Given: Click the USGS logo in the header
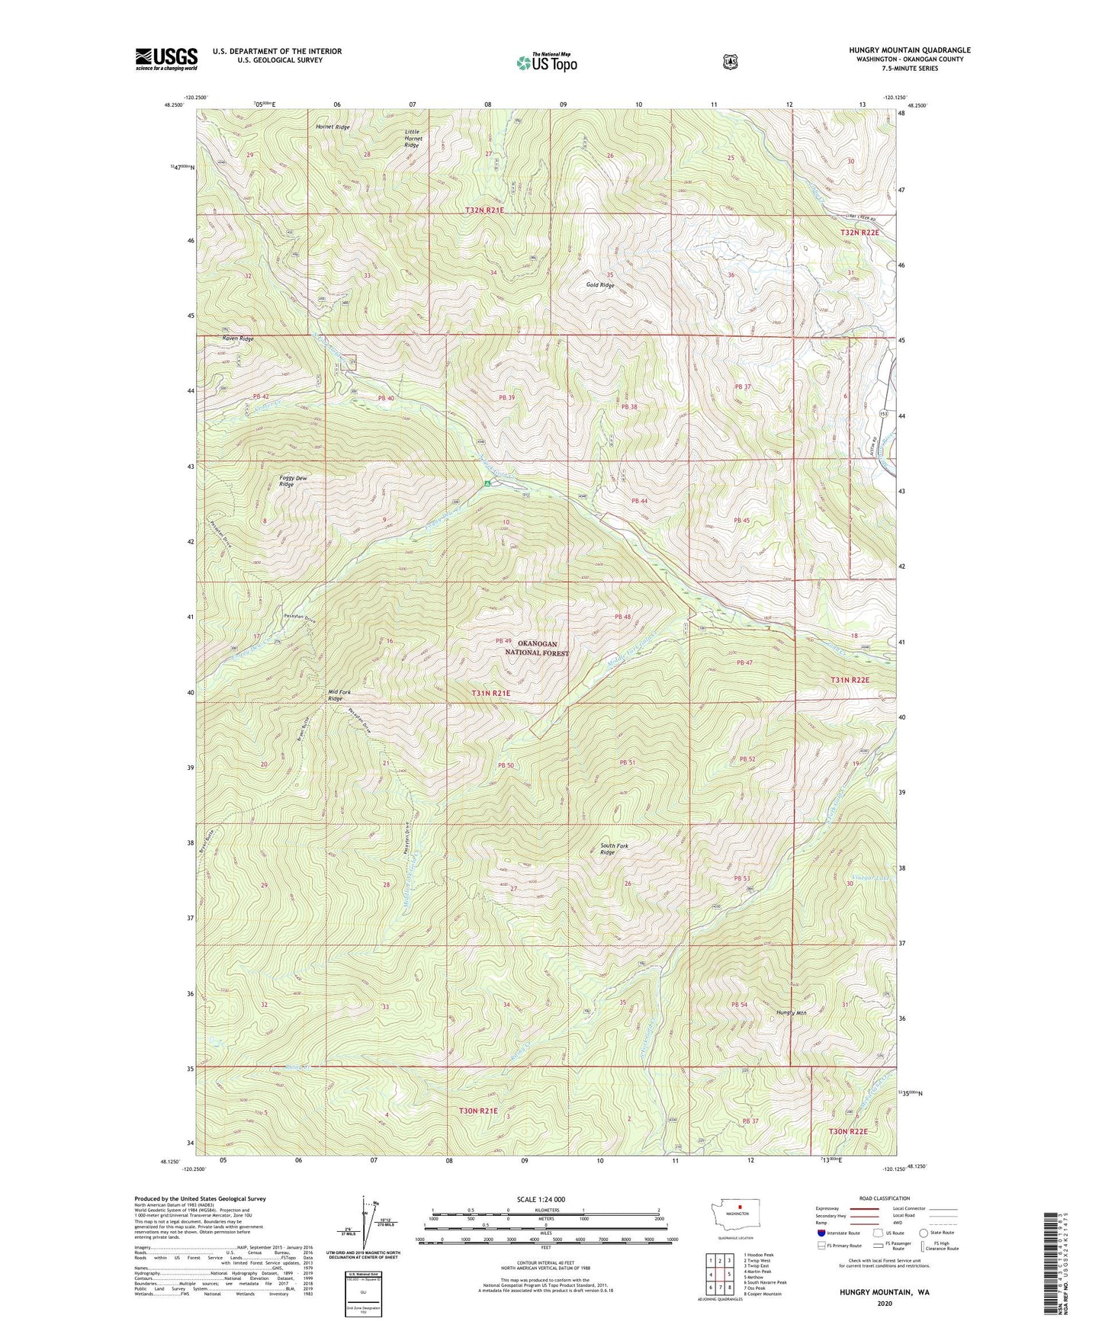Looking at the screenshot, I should (166, 59).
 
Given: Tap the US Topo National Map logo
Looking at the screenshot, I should (545, 63).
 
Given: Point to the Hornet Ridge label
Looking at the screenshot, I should (333, 127).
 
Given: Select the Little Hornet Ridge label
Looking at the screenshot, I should (413, 138).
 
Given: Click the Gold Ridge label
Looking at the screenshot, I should (600, 285).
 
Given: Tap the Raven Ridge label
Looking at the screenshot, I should (237, 338).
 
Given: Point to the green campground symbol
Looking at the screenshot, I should (487, 483).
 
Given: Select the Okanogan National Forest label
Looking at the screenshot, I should (537, 649).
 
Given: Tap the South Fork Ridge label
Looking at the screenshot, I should (614, 849).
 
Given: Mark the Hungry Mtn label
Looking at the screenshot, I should (791, 1013).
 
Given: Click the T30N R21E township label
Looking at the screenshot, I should (478, 1111).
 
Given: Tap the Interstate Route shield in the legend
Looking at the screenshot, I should (821, 1233).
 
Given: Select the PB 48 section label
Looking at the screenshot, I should (622, 617).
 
